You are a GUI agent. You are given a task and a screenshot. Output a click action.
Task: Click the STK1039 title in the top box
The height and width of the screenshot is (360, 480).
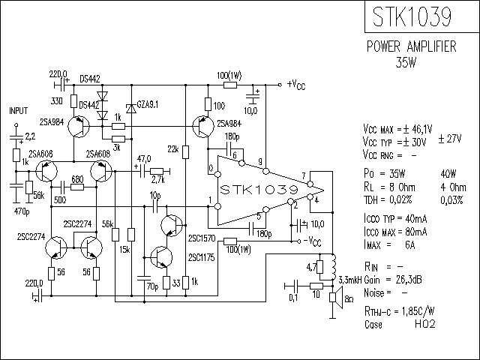412,16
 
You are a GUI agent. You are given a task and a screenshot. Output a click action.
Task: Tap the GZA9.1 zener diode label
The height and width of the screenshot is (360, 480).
148,105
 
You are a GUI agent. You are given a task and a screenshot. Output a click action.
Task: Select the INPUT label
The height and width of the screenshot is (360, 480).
19,110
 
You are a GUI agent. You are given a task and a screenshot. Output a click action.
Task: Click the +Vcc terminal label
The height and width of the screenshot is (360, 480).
296,84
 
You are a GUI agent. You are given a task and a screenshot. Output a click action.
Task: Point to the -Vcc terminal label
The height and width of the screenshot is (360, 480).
312,241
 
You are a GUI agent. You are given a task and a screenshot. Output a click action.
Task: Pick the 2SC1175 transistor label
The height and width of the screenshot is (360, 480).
202,258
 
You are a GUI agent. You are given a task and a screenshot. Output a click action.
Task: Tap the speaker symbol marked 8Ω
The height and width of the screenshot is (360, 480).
336,298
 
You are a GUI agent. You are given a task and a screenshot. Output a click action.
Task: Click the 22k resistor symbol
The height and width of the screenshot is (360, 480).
185,152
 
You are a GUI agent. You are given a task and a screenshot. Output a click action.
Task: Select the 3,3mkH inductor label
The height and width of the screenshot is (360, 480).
350,280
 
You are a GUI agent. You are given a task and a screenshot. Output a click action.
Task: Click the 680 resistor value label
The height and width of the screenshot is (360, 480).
77,179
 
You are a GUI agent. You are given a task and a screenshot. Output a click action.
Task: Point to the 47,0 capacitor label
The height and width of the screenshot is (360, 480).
144,159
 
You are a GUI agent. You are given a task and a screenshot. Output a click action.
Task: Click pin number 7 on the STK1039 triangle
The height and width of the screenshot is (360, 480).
303,176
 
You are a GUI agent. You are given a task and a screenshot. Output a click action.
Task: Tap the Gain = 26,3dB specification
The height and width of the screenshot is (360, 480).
393,280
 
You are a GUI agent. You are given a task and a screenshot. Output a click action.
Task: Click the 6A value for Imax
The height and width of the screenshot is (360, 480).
410,245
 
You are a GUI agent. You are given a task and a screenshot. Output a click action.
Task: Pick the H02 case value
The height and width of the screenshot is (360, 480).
425,324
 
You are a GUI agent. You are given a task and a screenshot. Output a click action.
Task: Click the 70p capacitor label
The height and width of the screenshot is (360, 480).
152,286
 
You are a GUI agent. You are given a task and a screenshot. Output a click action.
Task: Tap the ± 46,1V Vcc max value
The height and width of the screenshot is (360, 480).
418,129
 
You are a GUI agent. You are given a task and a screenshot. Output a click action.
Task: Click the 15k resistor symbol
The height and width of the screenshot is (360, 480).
131,235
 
